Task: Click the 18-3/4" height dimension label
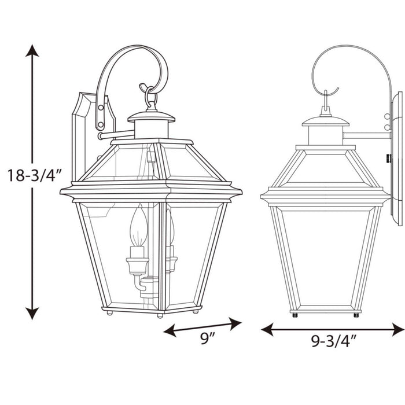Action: (35, 175)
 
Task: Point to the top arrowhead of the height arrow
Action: (32, 50)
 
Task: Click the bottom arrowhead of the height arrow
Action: (32, 314)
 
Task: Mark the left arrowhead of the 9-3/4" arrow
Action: (267, 329)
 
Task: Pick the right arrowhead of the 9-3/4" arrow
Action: (398, 329)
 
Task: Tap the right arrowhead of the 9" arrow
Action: (235, 323)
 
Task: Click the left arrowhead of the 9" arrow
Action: (170, 330)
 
